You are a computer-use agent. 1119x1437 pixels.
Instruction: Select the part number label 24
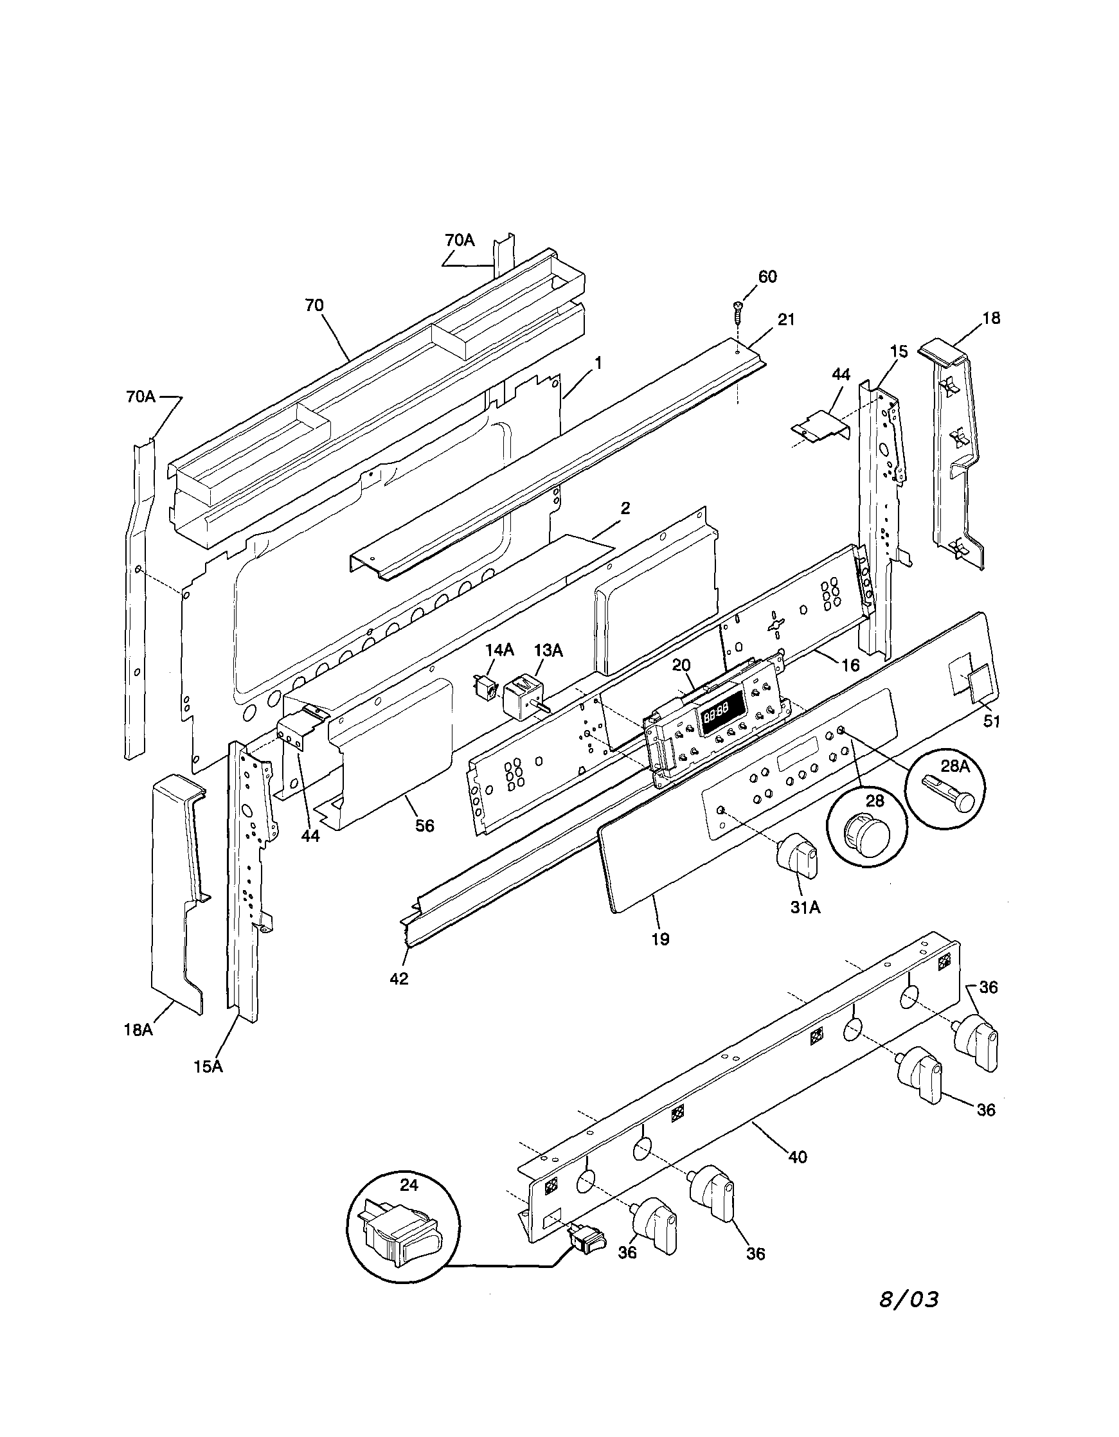tap(409, 1184)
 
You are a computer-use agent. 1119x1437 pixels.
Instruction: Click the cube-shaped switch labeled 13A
tap(523, 697)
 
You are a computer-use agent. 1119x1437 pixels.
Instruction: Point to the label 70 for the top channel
tap(314, 305)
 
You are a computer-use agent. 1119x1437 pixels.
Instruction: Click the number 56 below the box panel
tap(424, 825)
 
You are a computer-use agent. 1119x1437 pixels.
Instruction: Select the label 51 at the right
tap(991, 721)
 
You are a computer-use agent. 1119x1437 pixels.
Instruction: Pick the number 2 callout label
tap(625, 507)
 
